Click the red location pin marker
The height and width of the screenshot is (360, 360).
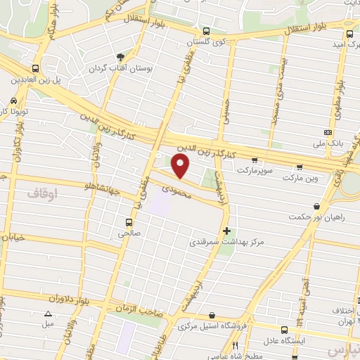[181, 166]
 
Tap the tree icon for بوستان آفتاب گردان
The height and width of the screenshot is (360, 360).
[121, 57]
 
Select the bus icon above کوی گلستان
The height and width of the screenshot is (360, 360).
[205, 32]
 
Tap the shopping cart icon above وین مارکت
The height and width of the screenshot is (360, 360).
[301, 167]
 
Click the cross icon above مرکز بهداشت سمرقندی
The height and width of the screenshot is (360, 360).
[226, 230]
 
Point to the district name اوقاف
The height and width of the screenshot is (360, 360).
[41, 192]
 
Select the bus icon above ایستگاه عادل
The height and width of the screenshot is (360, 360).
[284, 330]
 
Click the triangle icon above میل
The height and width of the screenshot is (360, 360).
[48, 314]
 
